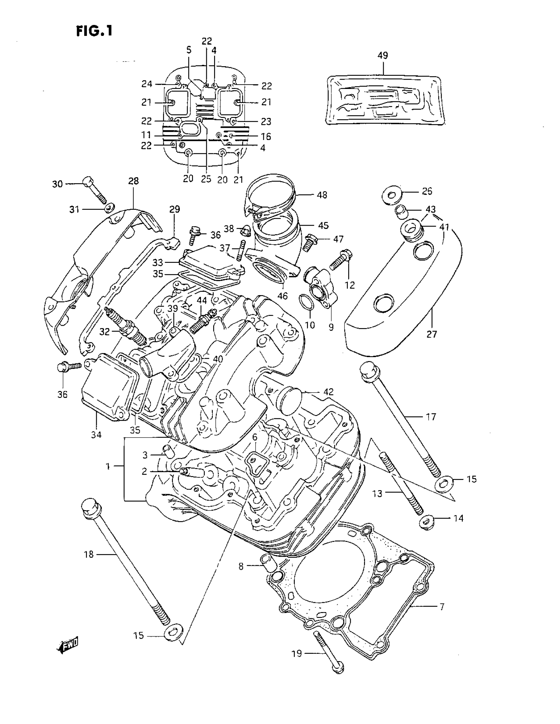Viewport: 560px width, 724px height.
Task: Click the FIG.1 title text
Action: (x=95, y=31)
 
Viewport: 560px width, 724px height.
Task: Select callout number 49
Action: (x=383, y=55)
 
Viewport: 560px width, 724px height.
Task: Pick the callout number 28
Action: (x=134, y=181)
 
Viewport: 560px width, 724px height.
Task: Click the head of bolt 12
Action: (x=348, y=255)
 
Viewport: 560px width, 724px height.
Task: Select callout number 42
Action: (x=328, y=392)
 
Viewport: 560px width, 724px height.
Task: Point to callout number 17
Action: (x=431, y=417)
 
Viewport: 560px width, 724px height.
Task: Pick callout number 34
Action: (x=96, y=434)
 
